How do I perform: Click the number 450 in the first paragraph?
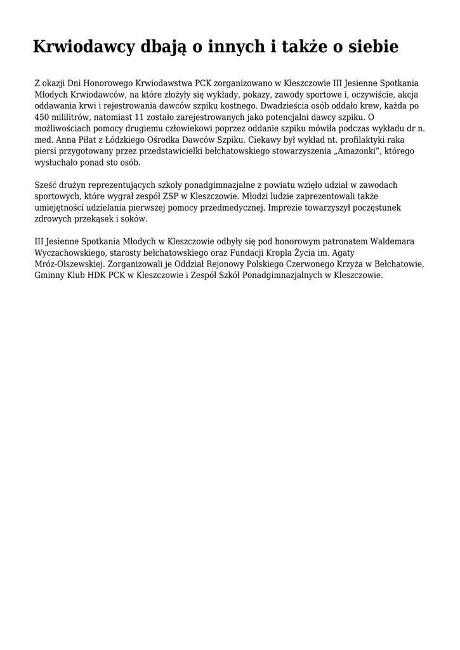[x=42, y=117]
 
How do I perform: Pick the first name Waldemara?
[x=397, y=242]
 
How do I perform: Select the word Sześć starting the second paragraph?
[x=46, y=185]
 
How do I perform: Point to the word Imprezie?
[x=286, y=208]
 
